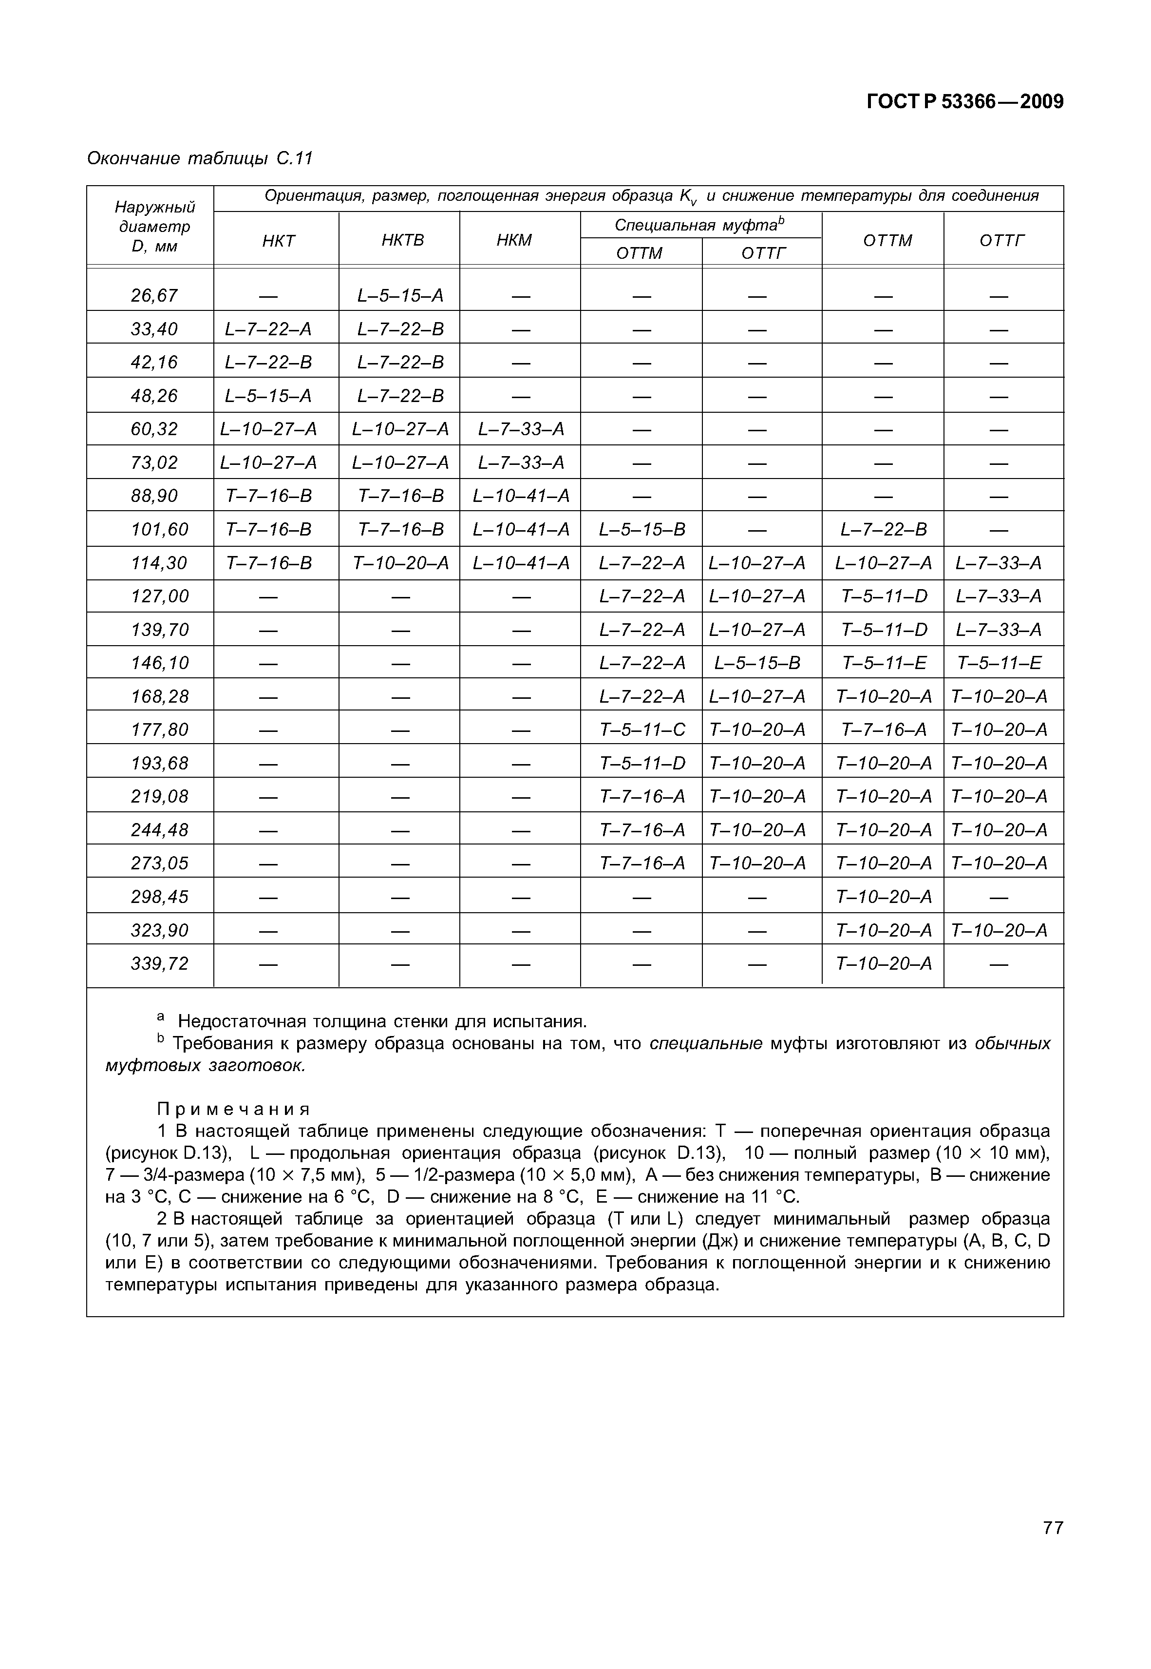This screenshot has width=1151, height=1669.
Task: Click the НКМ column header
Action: pos(514,240)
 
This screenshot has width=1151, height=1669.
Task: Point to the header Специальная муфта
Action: pos(699,225)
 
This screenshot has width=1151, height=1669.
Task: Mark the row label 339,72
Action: pos(159,963)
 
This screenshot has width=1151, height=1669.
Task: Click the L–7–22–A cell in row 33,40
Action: pos(268,329)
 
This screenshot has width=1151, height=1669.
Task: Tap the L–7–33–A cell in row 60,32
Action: pos(521,430)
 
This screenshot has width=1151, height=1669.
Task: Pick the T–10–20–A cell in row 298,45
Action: pos(884,897)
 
